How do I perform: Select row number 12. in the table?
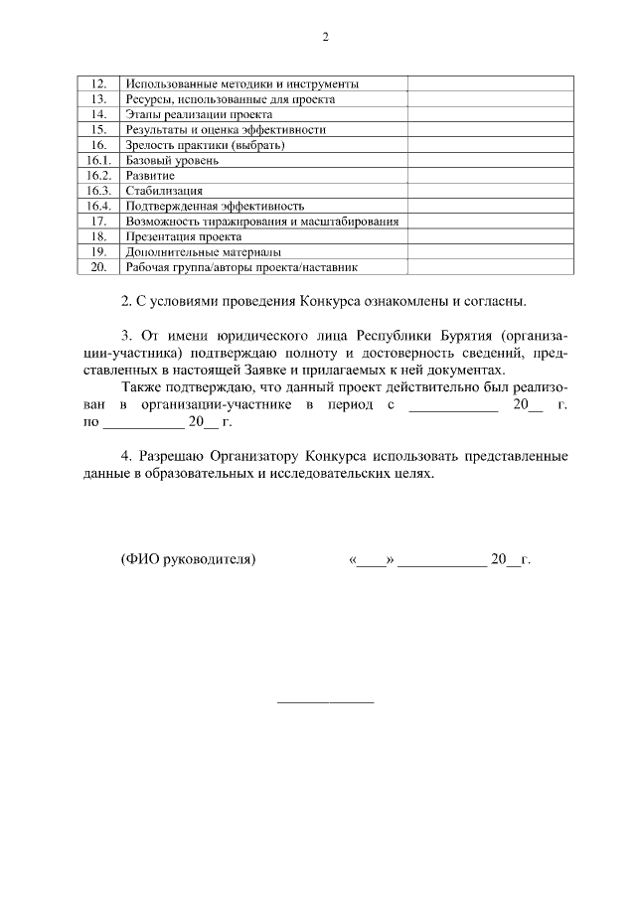point(98,84)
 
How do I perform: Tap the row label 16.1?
point(97,161)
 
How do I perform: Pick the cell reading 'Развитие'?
point(150,176)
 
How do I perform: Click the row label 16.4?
point(97,206)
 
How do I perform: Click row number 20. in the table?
point(98,266)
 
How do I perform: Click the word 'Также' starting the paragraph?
point(139,387)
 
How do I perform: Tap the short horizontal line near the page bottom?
point(324,703)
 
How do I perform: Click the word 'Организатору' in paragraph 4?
point(252,456)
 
